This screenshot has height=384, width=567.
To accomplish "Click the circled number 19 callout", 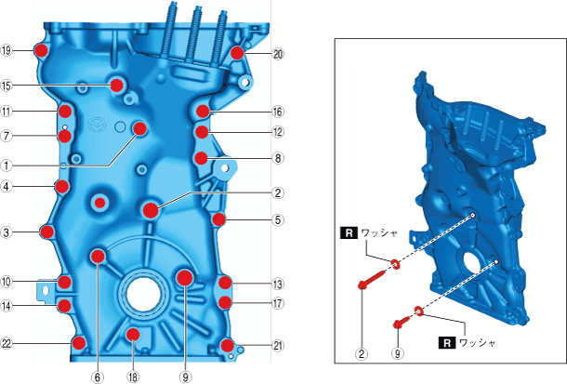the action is [7, 50].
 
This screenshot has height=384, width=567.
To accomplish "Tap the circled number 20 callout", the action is [278, 54].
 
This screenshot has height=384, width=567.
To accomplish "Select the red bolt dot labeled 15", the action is [117, 86].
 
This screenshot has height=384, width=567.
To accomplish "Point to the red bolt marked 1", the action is [140, 128].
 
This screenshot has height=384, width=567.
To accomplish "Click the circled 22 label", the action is [7, 343].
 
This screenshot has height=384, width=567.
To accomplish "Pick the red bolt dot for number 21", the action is [227, 345].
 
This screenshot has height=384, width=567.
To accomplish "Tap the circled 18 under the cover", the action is [133, 377].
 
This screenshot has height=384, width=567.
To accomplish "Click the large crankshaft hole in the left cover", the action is [143, 293].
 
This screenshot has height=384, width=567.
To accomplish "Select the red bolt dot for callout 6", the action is [98, 257].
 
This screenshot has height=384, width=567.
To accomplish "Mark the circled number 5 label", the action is [278, 219].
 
